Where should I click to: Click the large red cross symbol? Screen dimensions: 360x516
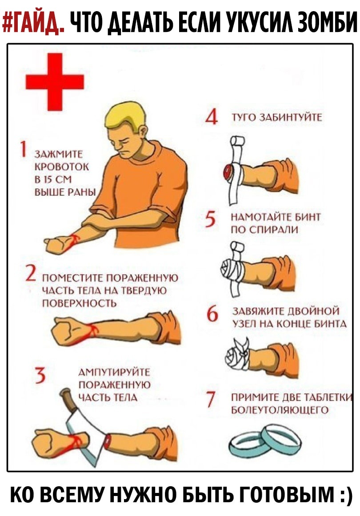(x=55, y=82)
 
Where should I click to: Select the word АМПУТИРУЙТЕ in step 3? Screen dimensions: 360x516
(x=114, y=372)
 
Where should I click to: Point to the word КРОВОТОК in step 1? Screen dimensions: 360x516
(x=62, y=167)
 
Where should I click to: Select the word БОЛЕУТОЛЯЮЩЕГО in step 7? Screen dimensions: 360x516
(x=280, y=410)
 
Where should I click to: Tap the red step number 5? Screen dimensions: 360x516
(x=211, y=220)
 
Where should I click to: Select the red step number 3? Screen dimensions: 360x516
(x=40, y=376)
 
